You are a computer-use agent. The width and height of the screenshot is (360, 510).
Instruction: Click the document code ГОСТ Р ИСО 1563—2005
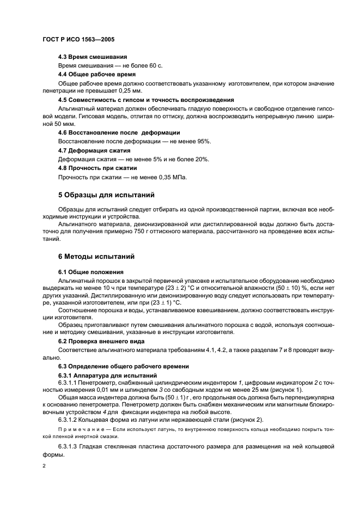(78, 40)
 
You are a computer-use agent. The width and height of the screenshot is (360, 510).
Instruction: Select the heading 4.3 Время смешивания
(93, 57)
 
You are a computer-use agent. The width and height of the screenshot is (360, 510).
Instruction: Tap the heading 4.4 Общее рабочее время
(96, 74)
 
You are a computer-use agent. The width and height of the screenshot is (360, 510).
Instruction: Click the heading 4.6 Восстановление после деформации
(119, 132)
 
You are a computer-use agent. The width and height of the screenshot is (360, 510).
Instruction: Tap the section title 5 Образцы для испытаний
(106, 195)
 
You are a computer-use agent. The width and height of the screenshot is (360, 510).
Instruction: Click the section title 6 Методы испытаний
(96, 256)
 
